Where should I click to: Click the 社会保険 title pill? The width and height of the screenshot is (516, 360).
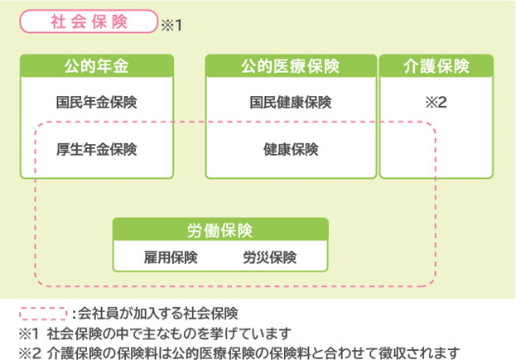[89, 22]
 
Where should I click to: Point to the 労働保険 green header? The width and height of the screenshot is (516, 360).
[219, 229]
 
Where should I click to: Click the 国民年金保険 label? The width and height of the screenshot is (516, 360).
[97, 103]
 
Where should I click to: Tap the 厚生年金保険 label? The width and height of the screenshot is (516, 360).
[97, 150]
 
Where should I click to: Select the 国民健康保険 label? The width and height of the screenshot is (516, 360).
[291, 103]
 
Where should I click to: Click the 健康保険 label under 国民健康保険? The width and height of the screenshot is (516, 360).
[291, 150]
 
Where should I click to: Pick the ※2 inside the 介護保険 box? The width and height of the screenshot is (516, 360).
[436, 103]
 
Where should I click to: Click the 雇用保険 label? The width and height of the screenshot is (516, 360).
[171, 257]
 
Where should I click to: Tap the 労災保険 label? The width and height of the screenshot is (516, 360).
[269, 257]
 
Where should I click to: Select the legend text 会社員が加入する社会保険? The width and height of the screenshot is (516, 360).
[158, 314]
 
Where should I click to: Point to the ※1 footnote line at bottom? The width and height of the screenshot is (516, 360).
[153, 334]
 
